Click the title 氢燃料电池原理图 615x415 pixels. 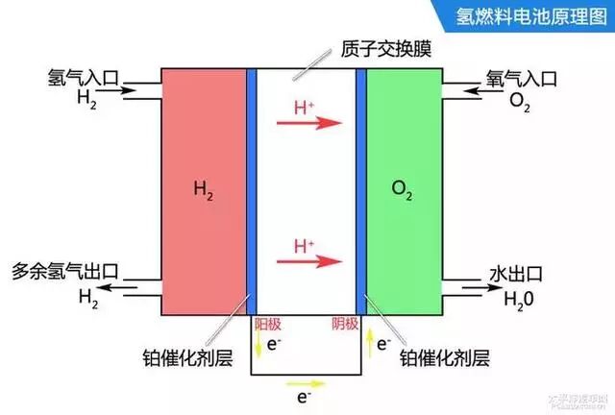tap(527, 17)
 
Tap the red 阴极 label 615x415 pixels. tap(344, 326)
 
